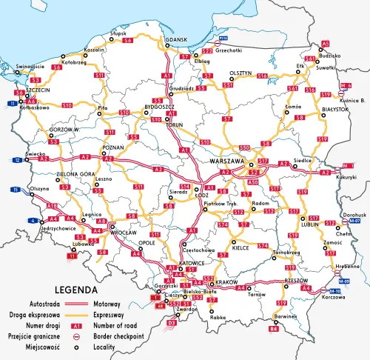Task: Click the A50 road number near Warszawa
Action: (253, 181)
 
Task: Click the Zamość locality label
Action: (332, 243)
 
